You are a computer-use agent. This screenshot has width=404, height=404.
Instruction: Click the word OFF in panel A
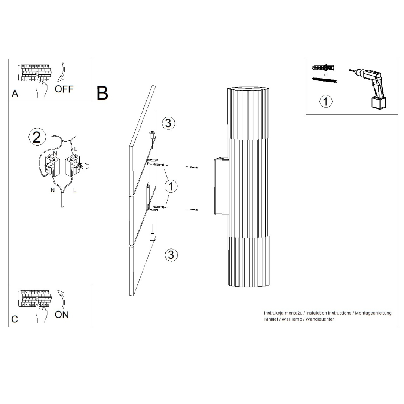pyautogui.click(x=64, y=89)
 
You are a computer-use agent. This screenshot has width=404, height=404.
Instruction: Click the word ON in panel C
pyautogui.click(x=62, y=315)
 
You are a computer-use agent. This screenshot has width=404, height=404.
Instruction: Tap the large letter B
pyautogui.click(x=102, y=93)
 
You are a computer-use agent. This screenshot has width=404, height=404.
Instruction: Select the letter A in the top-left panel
pyautogui.click(x=15, y=94)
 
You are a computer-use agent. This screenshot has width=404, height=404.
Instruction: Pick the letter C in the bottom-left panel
pyautogui.click(x=15, y=319)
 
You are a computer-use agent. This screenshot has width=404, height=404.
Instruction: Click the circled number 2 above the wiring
pyautogui.click(x=37, y=137)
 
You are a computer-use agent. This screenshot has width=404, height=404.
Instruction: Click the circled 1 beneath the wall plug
pyautogui.click(x=326, y=101)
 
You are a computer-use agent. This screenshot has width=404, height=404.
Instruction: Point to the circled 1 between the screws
pyautogui.click(x=171, y=186)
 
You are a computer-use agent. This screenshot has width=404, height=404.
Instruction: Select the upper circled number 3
pyautogui.click(x=168, y=123)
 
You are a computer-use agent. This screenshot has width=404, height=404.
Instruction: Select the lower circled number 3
pyautogui.click(x=171, y=255)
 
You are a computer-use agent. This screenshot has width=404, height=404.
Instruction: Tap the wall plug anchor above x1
pyautogui.click(x=323, y=68)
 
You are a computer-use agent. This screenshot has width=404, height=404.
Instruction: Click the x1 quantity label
pyautogui.click(x=326, y=75)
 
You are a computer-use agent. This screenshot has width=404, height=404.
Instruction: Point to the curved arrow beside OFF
pyautogui.click(x=61, y=72)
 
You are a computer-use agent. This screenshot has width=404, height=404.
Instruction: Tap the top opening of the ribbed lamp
pyautogui.click(x=248, y=89)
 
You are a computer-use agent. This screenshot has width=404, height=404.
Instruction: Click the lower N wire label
pyautogui.click(x=52, y=190)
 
